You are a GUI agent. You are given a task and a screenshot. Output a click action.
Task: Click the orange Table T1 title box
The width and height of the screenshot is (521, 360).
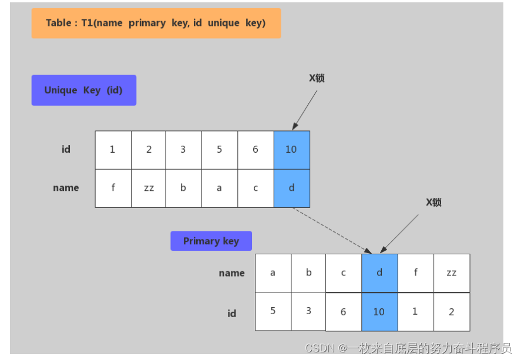(156, 23)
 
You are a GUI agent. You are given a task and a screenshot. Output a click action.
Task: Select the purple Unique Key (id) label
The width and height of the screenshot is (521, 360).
(83, 90)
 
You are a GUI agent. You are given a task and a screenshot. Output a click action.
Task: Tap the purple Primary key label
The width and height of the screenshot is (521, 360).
(211, 241)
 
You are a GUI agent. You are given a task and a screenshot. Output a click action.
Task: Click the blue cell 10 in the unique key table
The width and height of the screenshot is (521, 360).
(291, 150)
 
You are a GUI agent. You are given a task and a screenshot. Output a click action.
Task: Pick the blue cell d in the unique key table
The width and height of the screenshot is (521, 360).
(291, 188)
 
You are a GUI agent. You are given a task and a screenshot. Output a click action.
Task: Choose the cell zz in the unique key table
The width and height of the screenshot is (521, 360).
(149, 188)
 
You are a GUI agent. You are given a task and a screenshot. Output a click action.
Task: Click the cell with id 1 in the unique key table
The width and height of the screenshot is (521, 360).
(113, 150)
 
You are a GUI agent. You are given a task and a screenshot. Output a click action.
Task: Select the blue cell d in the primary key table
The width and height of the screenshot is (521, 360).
(379, 273)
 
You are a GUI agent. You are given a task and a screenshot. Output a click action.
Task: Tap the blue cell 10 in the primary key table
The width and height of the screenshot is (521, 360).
(379, 312)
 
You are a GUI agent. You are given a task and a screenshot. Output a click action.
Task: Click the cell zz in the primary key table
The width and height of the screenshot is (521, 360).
(451, 273)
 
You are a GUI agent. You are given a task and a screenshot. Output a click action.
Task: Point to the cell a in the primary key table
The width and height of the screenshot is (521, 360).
(273, 273)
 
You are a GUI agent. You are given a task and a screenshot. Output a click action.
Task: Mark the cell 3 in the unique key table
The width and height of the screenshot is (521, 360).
(183, 150)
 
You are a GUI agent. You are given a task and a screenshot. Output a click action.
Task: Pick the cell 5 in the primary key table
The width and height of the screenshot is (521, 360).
(273, 311)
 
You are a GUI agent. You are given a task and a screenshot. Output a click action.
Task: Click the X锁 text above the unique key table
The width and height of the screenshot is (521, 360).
(317, 78)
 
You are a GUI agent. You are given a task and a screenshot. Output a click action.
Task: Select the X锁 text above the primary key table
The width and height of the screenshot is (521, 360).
(433, 203)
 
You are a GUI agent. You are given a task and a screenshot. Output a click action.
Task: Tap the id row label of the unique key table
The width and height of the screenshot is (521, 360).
(66, 150)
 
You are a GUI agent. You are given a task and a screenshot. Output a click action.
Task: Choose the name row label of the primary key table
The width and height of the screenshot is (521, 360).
(231, 273)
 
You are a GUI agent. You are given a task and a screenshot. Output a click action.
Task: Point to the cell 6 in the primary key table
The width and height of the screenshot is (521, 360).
(344, 312)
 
